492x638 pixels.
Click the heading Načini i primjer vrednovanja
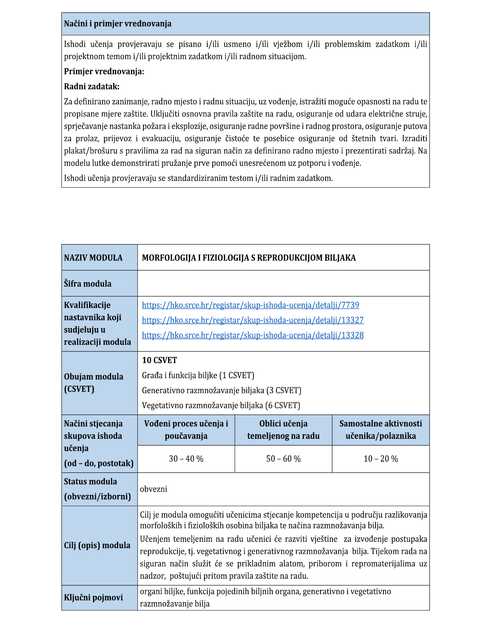[117, 24]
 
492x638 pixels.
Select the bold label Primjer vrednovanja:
[104, 72]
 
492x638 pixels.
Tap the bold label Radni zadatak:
[92, 87]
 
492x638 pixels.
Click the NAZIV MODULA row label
[93, 258]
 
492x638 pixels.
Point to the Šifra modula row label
[88, 284]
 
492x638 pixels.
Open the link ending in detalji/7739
[250, 305]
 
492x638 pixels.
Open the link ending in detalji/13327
[252, 320]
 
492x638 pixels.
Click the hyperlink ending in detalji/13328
[252, 335]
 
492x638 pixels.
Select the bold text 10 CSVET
[159, 360]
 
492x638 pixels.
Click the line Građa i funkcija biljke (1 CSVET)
[198, 375]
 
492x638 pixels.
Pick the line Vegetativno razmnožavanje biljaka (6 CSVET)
[221, 405]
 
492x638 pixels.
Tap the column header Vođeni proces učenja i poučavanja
[186, 430]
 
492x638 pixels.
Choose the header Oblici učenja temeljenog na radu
[283, 430]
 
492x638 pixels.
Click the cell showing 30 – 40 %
[186, 459]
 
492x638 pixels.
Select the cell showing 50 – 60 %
[283, 459]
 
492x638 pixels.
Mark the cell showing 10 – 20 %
[381, 459]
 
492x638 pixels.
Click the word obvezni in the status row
[153, 489]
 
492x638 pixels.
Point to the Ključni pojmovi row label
[93, 598]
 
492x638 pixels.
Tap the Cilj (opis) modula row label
[97, 545]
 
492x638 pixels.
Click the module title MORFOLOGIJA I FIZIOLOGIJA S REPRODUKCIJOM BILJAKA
[248, 258]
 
